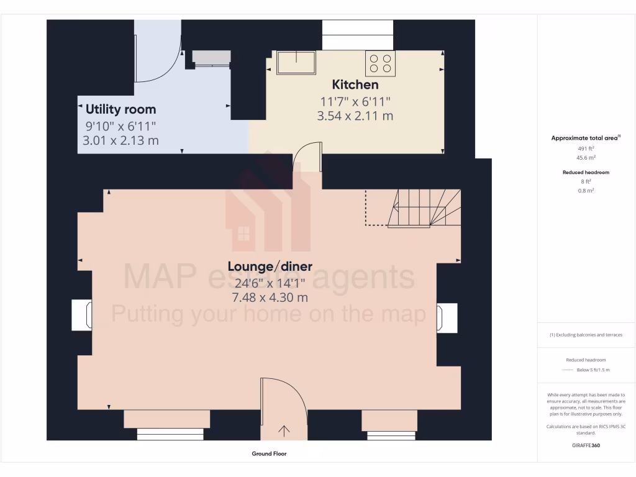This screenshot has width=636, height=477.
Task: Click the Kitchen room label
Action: click(x=355, y=84)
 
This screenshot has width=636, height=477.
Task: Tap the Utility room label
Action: click(x=120, y=109)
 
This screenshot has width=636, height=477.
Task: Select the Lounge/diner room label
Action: click(x=270, y=266)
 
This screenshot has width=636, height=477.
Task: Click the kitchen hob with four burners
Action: click(x=380, y=63)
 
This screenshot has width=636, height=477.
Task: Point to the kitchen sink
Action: click(x=296, y=63)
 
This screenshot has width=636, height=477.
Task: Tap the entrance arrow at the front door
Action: click(x=284, y=430)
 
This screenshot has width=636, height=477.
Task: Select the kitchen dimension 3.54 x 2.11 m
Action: click(x=355, y=116)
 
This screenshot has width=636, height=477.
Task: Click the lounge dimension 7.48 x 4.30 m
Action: click(x=270, y=298)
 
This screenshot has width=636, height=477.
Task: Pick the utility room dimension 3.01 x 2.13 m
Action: click(x=120, y=140)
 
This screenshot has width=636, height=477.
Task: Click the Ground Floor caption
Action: click(x=269, y=454)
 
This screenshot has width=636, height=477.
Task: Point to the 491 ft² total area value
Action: click(x=586, y=149)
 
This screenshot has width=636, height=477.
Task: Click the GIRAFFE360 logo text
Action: click(x=586, y=445)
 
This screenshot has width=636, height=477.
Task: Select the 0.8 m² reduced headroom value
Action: click(x=586, y=191)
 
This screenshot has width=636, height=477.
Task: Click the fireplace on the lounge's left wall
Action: click(x=82, y=315)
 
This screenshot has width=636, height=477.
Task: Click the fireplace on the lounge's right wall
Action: click(x=447, y=317)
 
